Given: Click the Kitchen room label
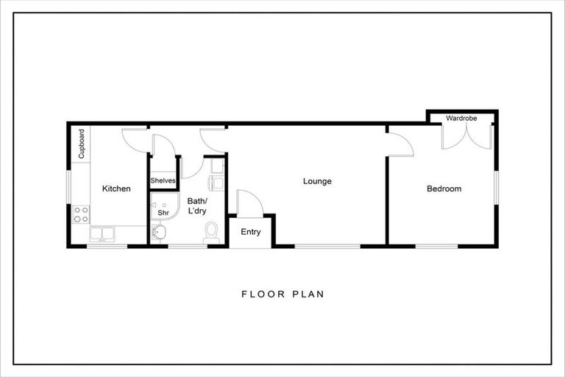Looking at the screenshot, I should coord(116,188).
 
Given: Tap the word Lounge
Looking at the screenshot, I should coord(318,181).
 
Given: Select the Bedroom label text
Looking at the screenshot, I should coord(444,188).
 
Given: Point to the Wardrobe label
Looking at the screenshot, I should coord(462,117).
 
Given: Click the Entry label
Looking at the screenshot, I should coord(251,232).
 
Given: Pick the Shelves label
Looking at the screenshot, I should coord(163,181).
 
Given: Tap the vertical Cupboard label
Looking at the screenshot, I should coord(82,144).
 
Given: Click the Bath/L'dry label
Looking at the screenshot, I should coord(197,205).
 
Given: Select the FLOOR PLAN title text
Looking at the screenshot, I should coord(282,294).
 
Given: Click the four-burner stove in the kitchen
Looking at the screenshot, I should coord(80,214).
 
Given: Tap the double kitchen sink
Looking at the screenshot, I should coord(102,235).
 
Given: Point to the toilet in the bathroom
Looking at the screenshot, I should coord(212,233).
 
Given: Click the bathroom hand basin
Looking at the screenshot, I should coord(159,233).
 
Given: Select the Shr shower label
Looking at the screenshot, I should coord(163,213).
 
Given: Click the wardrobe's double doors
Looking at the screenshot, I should coord(466,137).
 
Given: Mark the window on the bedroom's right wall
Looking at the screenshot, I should coord(497,188).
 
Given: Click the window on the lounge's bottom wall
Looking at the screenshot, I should coord(327,246).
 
